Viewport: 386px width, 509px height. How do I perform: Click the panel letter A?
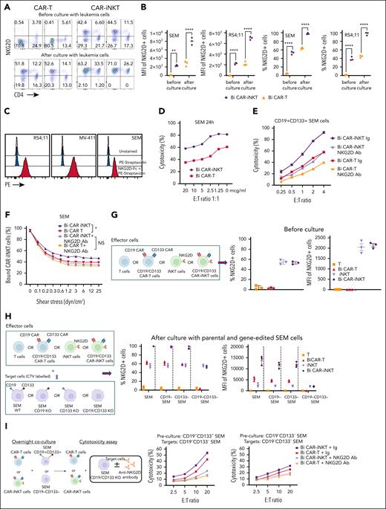(4, 5)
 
